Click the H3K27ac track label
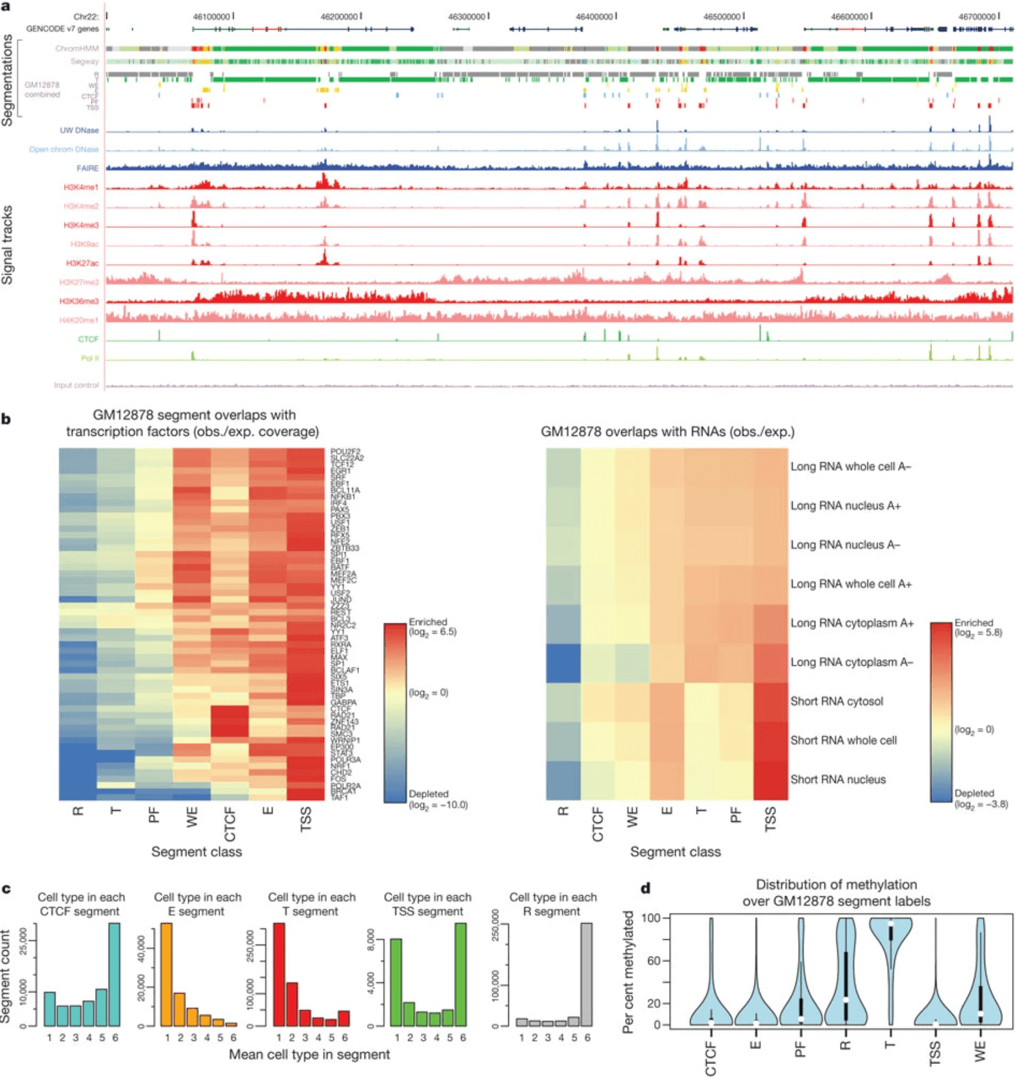[82, 263]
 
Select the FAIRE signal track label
[87, 168]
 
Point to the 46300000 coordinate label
[467, 17]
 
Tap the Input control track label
[76, 385]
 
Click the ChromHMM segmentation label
[76, 48]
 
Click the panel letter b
[7, 419]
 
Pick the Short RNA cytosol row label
[836, 701]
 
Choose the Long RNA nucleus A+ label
[845, 506]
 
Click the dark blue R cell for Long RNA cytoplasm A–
[563, 662]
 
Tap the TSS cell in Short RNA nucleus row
[771, 779]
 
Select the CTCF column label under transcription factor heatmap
[230, 824]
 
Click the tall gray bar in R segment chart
[587, 975]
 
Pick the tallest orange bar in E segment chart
[167, 975]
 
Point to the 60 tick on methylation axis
[654, 961]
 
